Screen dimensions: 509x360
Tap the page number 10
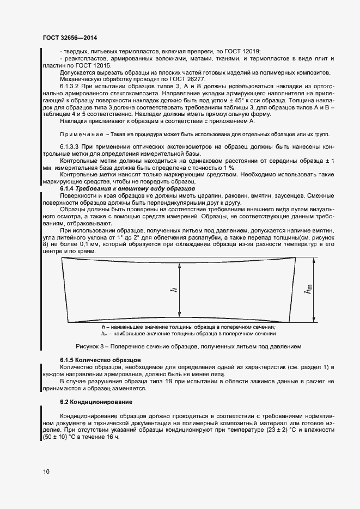coord(46,471)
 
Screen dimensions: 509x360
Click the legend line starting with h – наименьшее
coord(188,327)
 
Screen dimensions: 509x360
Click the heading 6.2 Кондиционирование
coord(96,402)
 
